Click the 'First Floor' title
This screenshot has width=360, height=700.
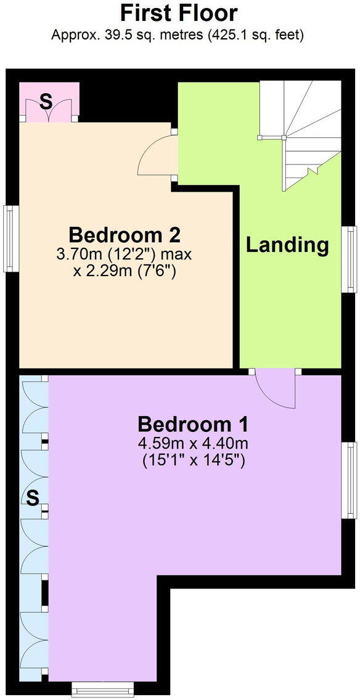pos(179,12)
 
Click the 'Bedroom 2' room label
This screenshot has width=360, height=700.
pos(125,235)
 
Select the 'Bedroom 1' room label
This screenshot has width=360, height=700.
pos(192,424)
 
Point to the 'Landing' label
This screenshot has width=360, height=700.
pos(287,245)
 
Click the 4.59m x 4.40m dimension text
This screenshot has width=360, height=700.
pos(192,443)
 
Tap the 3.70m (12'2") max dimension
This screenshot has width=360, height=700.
pos(125,254)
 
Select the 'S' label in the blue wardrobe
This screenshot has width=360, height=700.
pos(32,497)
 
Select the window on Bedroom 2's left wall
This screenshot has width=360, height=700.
pos(10,238)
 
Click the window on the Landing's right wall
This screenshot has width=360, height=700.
pos(351,259)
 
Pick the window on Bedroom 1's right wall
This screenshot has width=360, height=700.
pos(351,480)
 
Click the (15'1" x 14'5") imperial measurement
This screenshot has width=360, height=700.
pos(192,460)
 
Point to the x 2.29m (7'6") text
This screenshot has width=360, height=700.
pos(125,270)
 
